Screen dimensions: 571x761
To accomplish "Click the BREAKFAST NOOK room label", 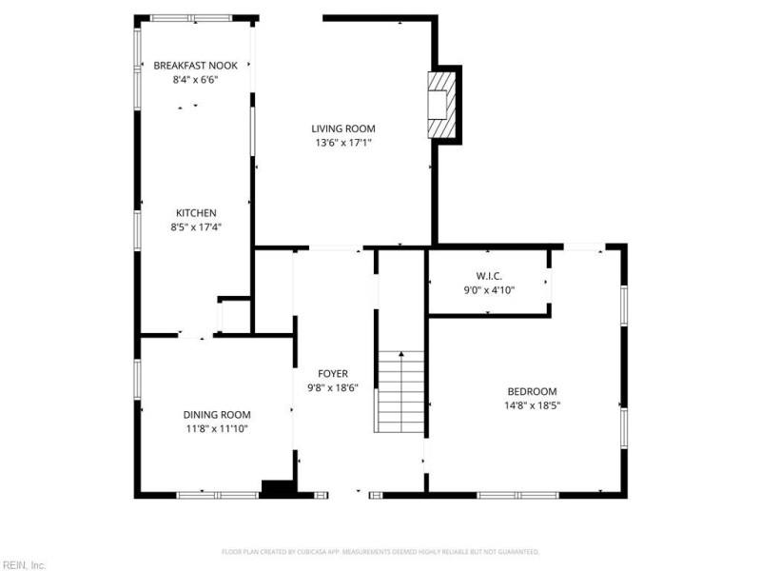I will [195, 66].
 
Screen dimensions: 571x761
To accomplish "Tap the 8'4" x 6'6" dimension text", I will [195, 80].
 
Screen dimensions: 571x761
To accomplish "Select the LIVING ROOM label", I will [343, 128].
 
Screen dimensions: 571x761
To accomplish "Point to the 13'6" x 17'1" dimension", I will [343, 143].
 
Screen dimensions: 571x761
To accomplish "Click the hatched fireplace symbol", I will [440, 105].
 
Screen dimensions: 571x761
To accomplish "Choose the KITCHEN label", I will [195, 212].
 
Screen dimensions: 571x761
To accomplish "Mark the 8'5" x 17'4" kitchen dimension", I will [195, 226].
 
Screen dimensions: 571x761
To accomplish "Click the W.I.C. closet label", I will [489, 276].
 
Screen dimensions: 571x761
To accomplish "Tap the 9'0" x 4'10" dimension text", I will [489, 290].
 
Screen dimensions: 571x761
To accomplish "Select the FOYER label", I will [333, 374].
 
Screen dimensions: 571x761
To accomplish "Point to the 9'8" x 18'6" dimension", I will [333, 388].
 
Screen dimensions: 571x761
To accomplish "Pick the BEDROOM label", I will [532, 391].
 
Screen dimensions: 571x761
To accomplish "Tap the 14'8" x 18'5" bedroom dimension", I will [532, 405].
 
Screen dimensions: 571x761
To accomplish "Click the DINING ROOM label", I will [217, 414].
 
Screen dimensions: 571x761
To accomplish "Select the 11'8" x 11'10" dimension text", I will [217, 428].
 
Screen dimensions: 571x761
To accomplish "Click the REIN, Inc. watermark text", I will [23, 564].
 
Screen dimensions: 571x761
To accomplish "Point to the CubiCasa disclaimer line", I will [380, 551].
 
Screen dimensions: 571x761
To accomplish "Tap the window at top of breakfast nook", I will [191, 18].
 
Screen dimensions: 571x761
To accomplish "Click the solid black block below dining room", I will [278, 489].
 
